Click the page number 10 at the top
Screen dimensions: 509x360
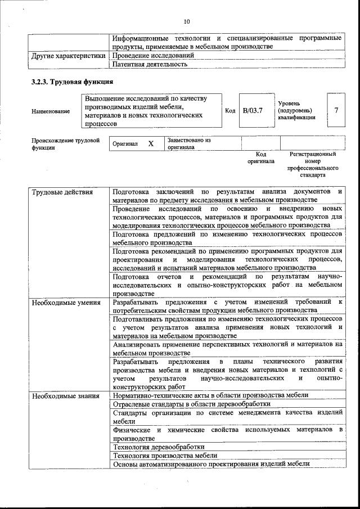pyautogui.click(x=187, y=22)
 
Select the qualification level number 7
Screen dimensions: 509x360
pyautogui.click(x=336, y=110)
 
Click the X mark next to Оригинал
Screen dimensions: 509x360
pyautogui.click(x=151, y=143)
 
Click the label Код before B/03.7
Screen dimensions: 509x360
pyautogui.click(x=229, y=111)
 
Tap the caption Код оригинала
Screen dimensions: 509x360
pyautogui.click(x=260, y=157)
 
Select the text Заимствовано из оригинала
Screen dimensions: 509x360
pyautogui.click(x=188, y=143)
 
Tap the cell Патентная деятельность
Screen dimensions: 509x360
pyautogui.click(x=150, y=64)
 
